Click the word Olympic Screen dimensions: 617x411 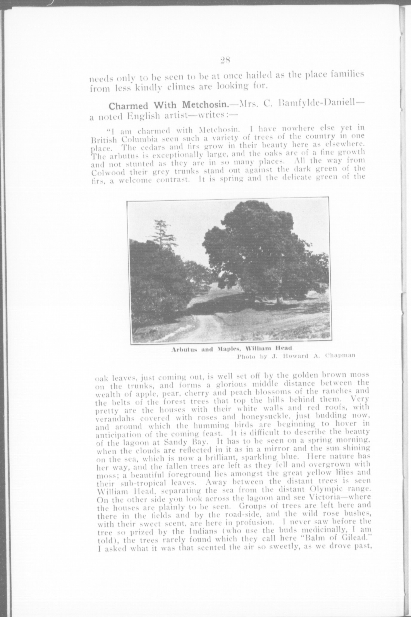[330, 490]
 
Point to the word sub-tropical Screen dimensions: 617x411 [128, 483]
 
